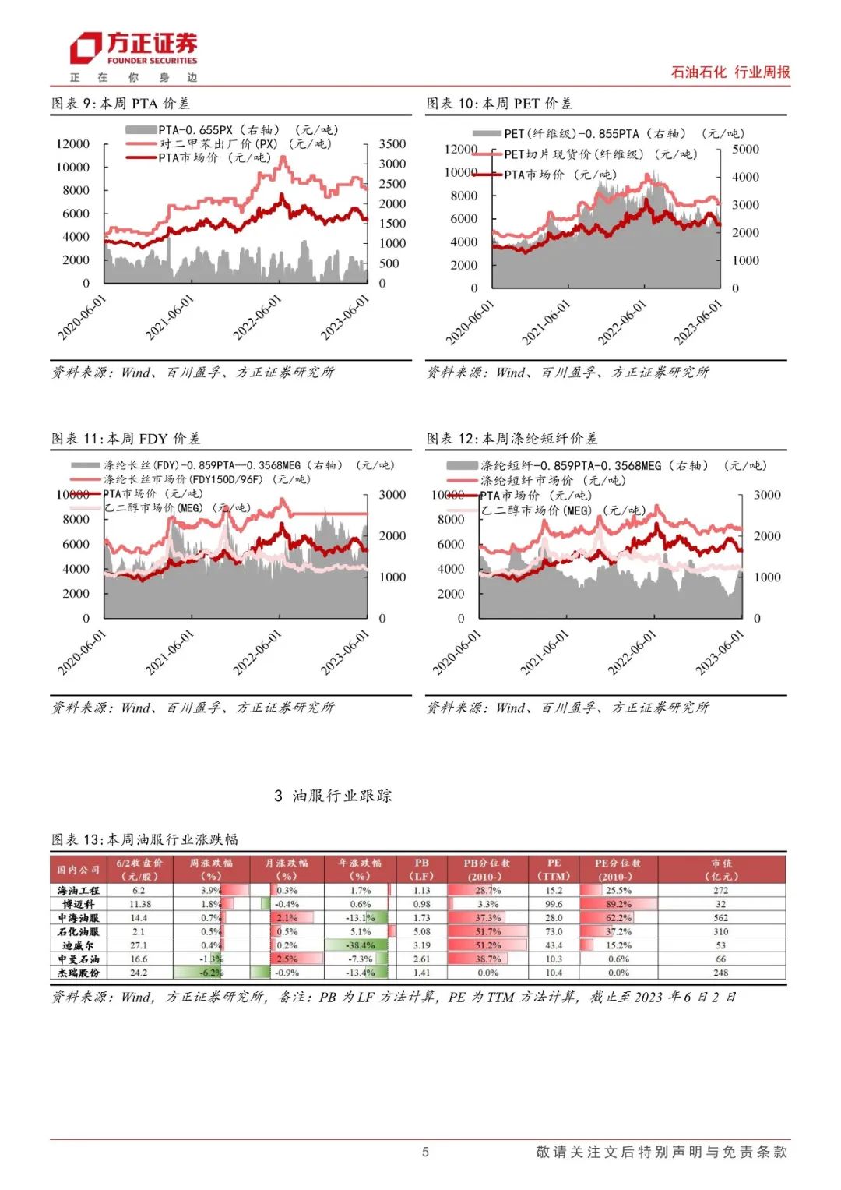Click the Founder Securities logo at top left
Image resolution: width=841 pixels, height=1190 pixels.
click(133, 50)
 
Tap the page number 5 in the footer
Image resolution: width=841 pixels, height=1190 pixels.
click(425, 1152)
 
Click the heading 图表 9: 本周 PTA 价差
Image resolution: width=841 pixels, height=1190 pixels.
click(121, 103)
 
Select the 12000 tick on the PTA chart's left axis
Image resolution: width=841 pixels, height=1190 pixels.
click(73, 144)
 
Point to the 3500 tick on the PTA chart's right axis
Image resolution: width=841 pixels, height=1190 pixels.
click(392, 144)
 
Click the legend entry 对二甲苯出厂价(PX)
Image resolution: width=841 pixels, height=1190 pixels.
click(218, 144)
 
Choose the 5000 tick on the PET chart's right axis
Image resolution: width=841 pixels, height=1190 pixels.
click(745, 149)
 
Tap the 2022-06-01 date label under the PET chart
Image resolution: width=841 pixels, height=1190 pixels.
click(622, 322)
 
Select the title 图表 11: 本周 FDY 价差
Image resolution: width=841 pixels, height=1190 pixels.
click(126, 438)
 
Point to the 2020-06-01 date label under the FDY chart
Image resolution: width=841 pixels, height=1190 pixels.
click(82, 652)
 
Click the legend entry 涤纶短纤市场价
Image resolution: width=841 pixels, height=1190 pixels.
click(526, 480)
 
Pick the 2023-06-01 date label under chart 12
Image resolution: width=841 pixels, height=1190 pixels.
click(720, 652)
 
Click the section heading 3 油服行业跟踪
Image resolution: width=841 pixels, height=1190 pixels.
click(333, 796)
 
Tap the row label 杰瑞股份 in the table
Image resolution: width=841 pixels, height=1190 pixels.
click(79, 973)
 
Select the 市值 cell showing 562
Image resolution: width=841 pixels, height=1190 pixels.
click(720, 918)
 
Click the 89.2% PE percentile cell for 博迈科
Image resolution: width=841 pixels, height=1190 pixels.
click(619, 904)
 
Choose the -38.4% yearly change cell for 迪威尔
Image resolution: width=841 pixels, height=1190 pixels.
click(361, 945)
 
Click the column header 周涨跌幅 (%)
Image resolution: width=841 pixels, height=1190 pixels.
click(211, 869)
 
